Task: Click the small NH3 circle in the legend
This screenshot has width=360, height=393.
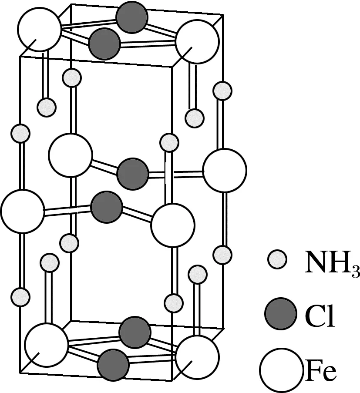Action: (x=277, y=260)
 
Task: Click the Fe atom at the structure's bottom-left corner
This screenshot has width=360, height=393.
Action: (x=46, y=345)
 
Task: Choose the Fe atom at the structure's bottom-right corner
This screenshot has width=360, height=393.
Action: (x=197, y=356)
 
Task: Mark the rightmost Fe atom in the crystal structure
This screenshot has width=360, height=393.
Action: (x=225, y=171)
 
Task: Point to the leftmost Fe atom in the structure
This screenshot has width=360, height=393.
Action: (x=23, y=211)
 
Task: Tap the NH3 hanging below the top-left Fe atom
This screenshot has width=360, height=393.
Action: (x=46, y=107)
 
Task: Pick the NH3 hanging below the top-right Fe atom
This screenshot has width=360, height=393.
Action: (x=195, y=118)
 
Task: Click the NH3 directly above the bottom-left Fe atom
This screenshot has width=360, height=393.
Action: (x=49, y=262)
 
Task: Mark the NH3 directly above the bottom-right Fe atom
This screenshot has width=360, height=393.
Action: (x=198, y=274)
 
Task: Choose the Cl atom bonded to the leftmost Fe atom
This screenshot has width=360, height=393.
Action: (x=107, y=206)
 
